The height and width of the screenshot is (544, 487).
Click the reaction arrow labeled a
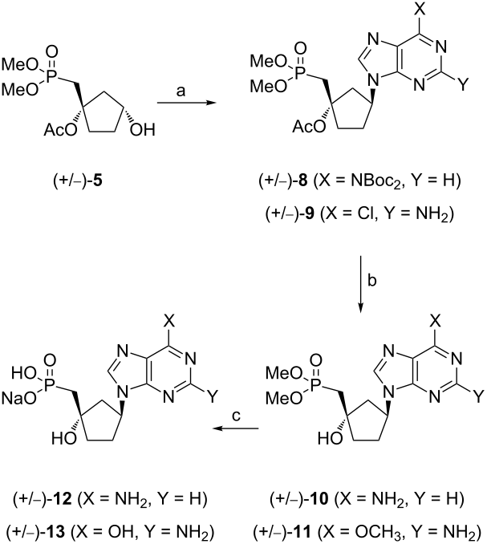186,103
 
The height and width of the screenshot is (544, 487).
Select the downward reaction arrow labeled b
361,285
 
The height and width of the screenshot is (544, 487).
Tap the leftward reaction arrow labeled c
236,428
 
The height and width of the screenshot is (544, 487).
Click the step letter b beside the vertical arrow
371,280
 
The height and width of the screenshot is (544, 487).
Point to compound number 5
98,182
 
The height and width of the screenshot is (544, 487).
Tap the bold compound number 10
323,499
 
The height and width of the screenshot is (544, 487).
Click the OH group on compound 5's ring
142,131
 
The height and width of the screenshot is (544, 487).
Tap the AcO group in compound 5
60,131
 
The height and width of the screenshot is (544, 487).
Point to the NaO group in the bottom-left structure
19,399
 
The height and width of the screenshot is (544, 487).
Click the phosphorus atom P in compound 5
52,76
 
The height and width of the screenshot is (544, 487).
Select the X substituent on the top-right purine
420,10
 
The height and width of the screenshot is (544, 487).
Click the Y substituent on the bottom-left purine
213,396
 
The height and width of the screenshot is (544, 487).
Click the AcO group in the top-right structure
309,127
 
